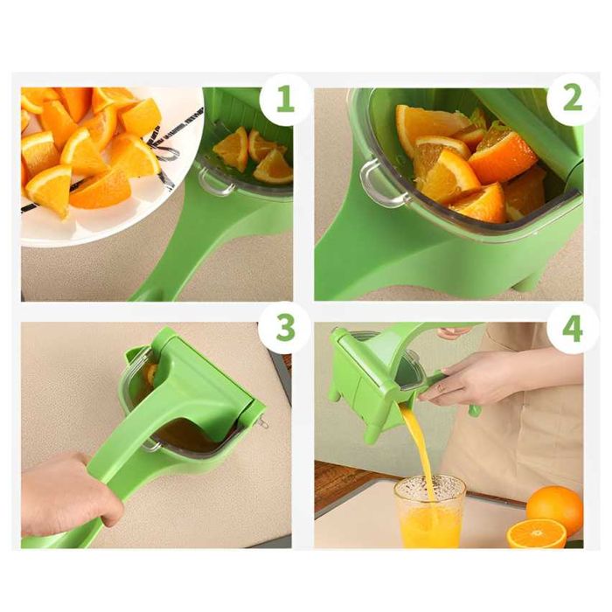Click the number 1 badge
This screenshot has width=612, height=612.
click(x=285, y=100)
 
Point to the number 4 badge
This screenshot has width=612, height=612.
click(x=573, y=329)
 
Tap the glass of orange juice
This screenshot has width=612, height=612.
click(x=428, y=511)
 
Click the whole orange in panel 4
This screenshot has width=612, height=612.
click(x=554, y=510)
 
